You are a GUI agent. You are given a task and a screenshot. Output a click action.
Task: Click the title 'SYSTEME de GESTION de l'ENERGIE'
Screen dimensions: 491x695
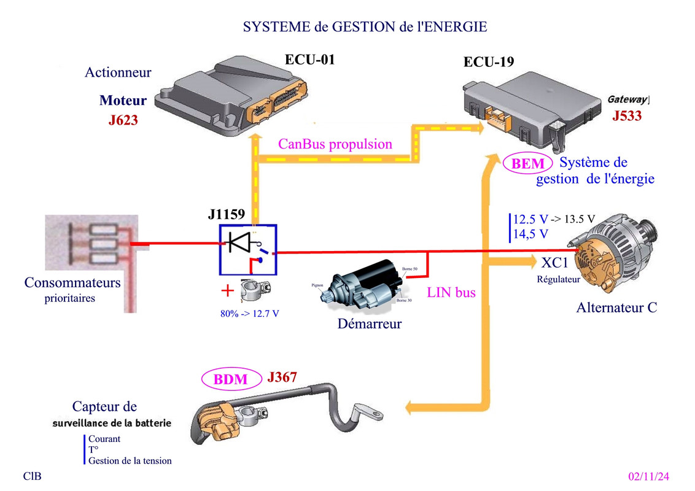point(365,27)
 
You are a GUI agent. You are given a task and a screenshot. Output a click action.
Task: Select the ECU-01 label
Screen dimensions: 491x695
point(309,60)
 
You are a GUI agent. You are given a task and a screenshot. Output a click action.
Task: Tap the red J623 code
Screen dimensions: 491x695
point(123,120)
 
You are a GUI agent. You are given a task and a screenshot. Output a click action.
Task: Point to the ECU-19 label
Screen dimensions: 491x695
point(489,62)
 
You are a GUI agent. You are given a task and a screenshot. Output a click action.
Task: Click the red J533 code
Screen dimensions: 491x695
point(627,115)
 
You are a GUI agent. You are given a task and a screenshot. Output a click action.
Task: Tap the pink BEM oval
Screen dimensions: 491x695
point(527,164)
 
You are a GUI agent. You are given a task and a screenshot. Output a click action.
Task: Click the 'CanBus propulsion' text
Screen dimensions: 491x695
point(335,144)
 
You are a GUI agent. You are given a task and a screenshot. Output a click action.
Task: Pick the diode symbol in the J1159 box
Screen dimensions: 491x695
point(239,242)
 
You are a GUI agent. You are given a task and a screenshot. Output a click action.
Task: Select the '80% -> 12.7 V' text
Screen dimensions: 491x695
point(250,313)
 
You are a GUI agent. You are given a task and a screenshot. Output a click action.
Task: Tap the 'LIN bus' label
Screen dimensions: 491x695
point(451,293)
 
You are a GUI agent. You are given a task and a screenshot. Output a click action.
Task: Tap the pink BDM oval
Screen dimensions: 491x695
point(230,379)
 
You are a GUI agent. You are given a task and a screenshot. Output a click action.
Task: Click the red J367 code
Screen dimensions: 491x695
point(282,377)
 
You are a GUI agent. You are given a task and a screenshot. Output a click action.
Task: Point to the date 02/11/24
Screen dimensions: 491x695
point(649,476)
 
